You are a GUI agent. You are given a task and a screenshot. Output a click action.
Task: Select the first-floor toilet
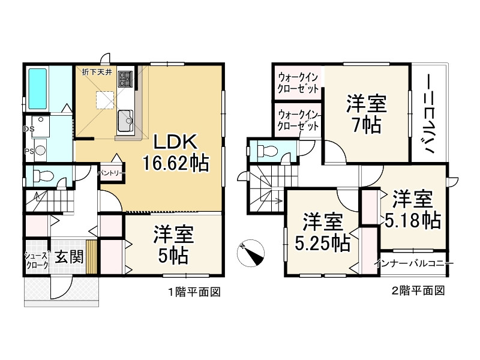coord(43,176)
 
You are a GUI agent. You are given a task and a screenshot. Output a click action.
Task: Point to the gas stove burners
coord(127,79)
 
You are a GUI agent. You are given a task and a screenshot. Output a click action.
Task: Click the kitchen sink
coord(126,120)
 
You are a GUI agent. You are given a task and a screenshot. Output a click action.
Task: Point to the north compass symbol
coord(250,252)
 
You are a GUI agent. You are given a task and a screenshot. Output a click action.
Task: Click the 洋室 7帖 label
coord(366,114)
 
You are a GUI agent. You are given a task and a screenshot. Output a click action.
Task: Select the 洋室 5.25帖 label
coord(322,232)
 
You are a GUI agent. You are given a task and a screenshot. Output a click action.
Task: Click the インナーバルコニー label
coord(413,263)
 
